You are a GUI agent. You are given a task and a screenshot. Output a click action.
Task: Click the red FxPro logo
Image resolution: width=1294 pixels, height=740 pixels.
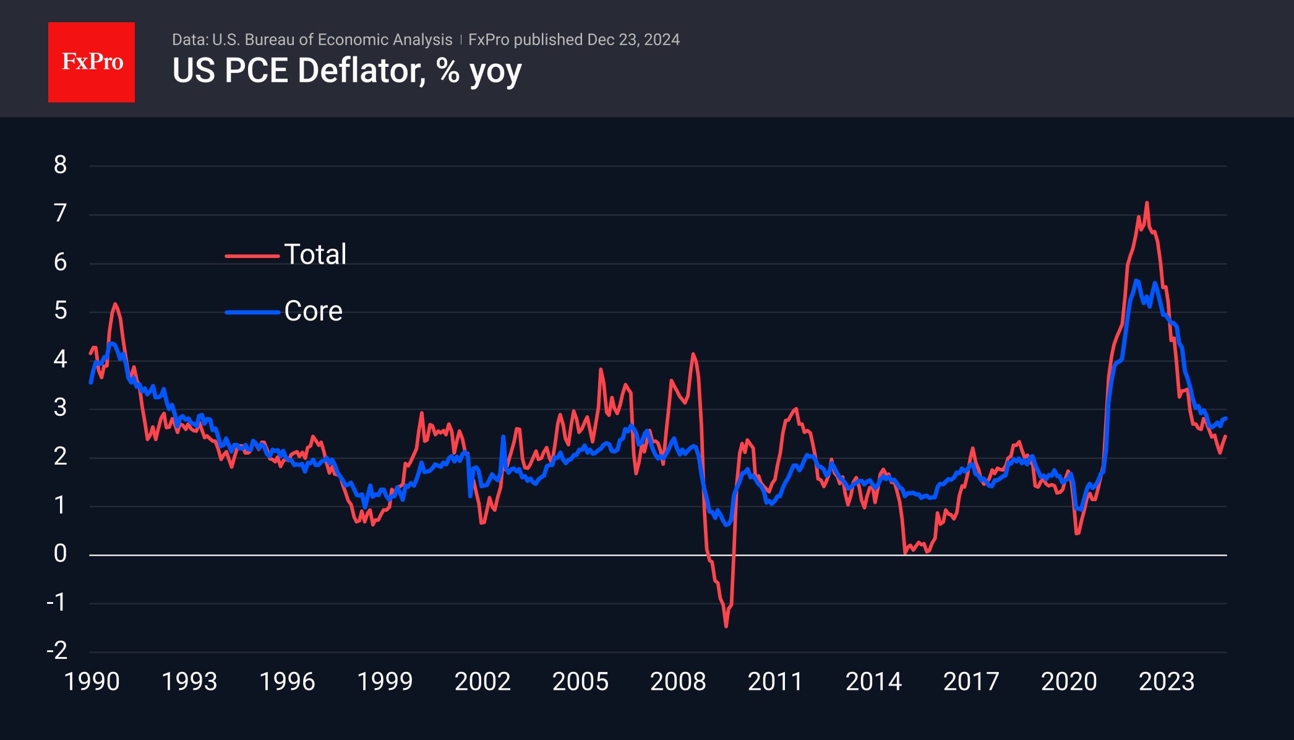[x=92, y=62]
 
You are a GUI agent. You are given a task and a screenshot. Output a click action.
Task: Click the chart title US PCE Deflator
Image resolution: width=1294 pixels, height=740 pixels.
[x=346, y=71]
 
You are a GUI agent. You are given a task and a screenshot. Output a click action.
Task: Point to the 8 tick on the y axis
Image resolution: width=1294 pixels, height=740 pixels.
[x=60, y=165]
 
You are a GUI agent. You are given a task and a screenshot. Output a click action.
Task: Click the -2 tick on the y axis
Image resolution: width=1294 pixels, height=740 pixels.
[x=57, y=651]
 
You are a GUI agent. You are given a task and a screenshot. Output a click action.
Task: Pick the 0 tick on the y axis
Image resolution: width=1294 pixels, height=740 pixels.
[x=60, y=554]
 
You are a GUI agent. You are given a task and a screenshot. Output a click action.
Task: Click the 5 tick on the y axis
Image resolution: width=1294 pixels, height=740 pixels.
[x=60, y=311]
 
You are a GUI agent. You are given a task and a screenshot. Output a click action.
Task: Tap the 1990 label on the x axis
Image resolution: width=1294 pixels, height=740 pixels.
[x=92, y=682]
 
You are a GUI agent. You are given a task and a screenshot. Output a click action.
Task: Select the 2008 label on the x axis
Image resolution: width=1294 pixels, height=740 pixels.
[x=678, y=682]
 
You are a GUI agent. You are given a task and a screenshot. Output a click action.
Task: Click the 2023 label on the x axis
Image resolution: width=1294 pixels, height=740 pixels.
[x=1167, y=682]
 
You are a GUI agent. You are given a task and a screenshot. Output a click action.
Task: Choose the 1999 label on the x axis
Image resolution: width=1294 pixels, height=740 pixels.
[x=385, y=682]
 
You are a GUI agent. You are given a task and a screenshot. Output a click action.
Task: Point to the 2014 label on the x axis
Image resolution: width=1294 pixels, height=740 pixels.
[x=873, y=682]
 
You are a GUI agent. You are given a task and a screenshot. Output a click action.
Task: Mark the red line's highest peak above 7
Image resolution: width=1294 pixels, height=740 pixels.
[x=1147, y=202]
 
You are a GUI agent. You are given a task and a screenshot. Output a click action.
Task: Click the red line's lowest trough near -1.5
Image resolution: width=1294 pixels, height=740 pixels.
[x=726, y=626]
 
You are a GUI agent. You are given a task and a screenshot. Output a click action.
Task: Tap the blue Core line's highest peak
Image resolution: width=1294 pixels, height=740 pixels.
[x=1136, y=281]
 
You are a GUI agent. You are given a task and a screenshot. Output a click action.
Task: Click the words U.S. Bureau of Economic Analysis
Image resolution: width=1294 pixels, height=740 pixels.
[x=332, y=40]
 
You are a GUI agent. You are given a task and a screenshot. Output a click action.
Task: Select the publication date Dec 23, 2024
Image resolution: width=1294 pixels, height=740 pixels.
[x=633, y=40]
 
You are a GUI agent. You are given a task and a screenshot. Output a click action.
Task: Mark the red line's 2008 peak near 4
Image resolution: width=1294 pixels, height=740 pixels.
[x=693, y=354]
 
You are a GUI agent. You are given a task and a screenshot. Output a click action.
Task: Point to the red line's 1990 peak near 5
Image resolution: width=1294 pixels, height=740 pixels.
[x=115, y=304]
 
